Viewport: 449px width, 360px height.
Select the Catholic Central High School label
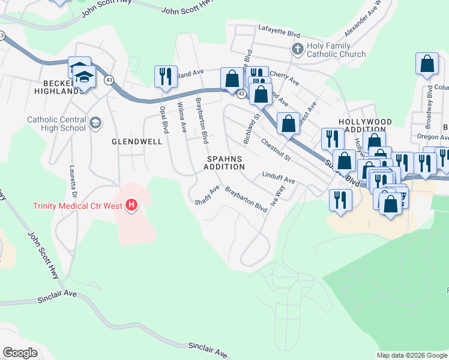click(56, 124)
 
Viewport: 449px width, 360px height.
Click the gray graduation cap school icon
click(95, 124)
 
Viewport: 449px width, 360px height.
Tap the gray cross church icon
click(297, 49)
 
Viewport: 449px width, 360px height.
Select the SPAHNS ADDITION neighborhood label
click(224, 163)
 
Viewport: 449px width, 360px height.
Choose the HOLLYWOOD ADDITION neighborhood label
click(365, 125)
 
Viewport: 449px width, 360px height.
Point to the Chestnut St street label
click(276, 150)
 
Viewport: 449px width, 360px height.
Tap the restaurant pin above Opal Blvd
click(166, 77)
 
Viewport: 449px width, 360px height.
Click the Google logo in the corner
click(20, 353)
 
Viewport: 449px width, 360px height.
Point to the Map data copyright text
click(412, 355)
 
